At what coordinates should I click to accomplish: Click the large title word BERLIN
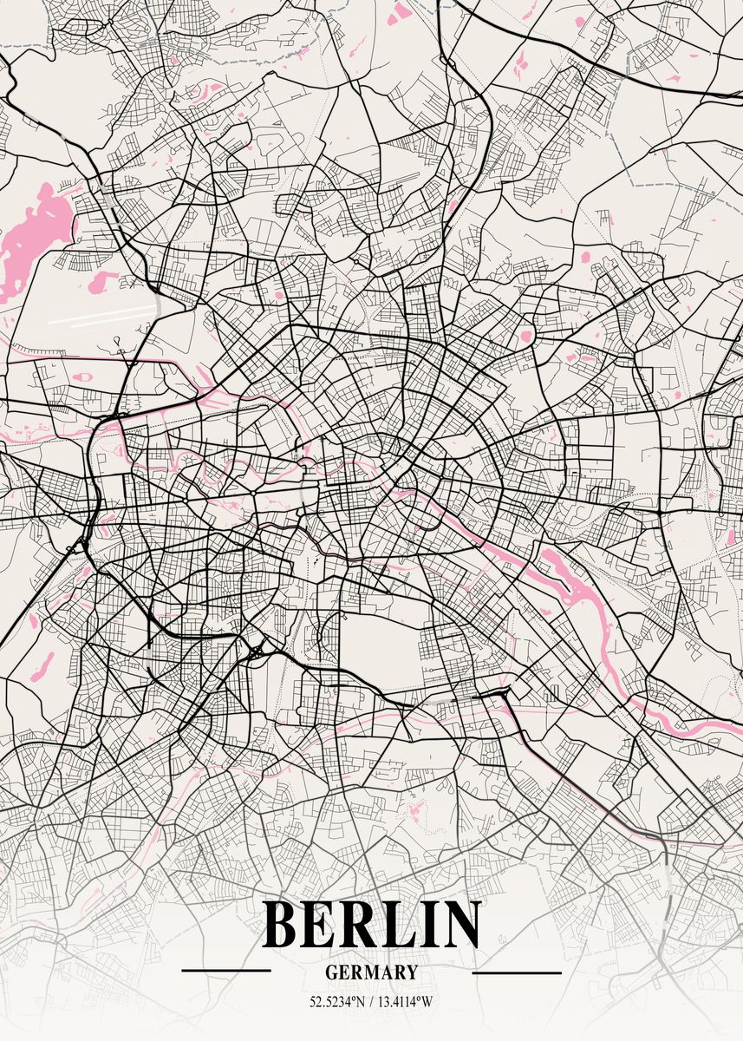point(371,926)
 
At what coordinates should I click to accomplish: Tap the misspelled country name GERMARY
point(371,973)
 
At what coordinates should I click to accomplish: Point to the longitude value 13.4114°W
point(405,1002)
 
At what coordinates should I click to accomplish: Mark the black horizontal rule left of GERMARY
point(226,971)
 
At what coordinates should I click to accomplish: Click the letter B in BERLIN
point(283,926)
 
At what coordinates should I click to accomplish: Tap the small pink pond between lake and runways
point(103,279)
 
